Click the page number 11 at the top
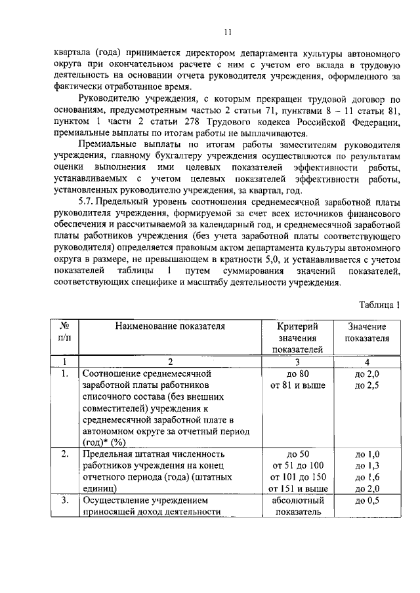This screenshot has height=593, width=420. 227,31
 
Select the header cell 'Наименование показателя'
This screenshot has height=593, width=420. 170,326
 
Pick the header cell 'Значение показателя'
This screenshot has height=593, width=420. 367,332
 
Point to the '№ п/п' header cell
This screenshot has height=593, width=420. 65,332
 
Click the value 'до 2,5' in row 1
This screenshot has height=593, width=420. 367,385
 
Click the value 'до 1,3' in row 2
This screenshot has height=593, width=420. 367,465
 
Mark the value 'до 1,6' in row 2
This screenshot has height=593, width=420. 367,476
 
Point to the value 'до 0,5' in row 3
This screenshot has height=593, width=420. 367,501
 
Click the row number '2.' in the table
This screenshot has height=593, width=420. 65,453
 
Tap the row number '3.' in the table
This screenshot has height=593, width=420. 65,501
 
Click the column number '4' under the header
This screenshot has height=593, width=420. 367,361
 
